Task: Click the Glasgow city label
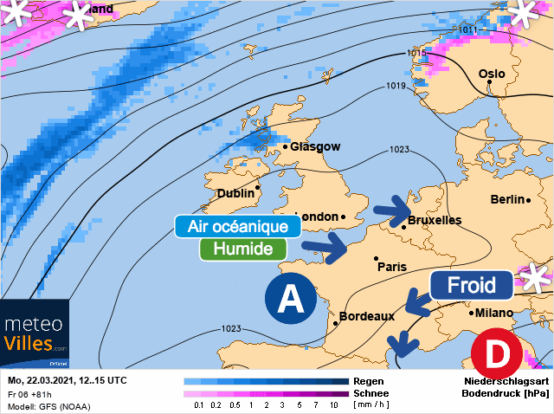pyautogui.click(x=315, y=147)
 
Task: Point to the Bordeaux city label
pyautogui.click(x=372, y=316)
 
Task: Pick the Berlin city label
pyautogui.click(x=507, y=199)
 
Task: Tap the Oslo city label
pyautogui.click(x=491, y=74)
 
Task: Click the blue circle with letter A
pyautogui.click(x=292, y=301)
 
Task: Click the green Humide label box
pyautogui.click(x=242, y=249)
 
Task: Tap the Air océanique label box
pyautogui.click(x=238, y=227)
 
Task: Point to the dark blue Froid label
pyautogui.click(x=472, y=285)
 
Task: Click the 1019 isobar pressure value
pyautogui.click(x=396, y=86)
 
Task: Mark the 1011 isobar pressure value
pyautogui.click(x=467, y=30)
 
